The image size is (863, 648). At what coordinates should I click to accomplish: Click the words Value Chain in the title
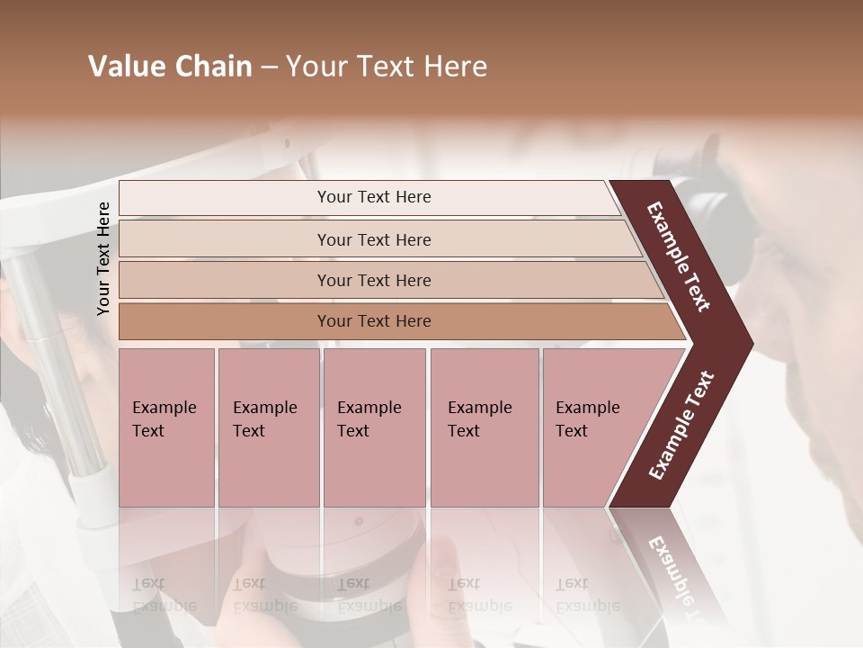click(170, 67)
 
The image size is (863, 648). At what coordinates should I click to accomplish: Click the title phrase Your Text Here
click(387, 67)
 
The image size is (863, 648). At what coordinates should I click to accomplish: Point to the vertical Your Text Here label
click(103, 258)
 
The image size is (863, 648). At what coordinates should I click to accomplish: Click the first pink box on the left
click(166, 427)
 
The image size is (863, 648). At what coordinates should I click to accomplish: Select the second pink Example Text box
click(268, 427)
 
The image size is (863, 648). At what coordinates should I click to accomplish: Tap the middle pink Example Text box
click(374, 427)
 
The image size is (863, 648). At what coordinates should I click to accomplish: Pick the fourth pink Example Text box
click(484, 427)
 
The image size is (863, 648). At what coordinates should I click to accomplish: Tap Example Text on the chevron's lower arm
click(681, 425)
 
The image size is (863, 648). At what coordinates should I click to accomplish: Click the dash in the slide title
click(269, 67)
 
